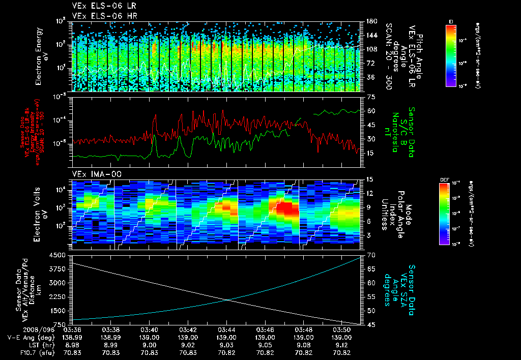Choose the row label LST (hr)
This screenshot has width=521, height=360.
(x=22, y=344)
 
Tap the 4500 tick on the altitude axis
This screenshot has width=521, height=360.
(x=59, y=255)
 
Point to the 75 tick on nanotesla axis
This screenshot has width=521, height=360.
(x=371, y=97)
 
